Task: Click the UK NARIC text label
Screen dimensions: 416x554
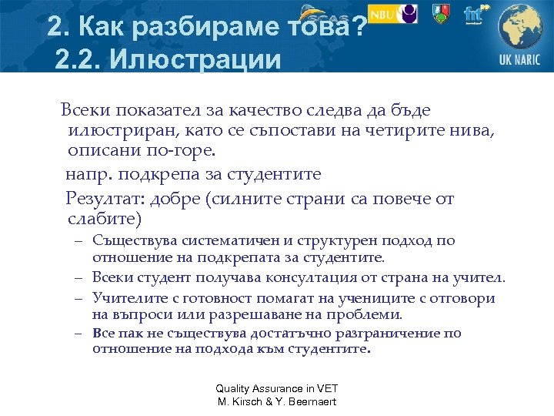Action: click(519, 60)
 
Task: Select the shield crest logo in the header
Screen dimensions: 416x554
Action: click(440, 14)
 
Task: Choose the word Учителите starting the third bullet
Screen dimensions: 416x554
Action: click(128, 298)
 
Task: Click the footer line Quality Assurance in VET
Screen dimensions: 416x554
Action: click(277, 388)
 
